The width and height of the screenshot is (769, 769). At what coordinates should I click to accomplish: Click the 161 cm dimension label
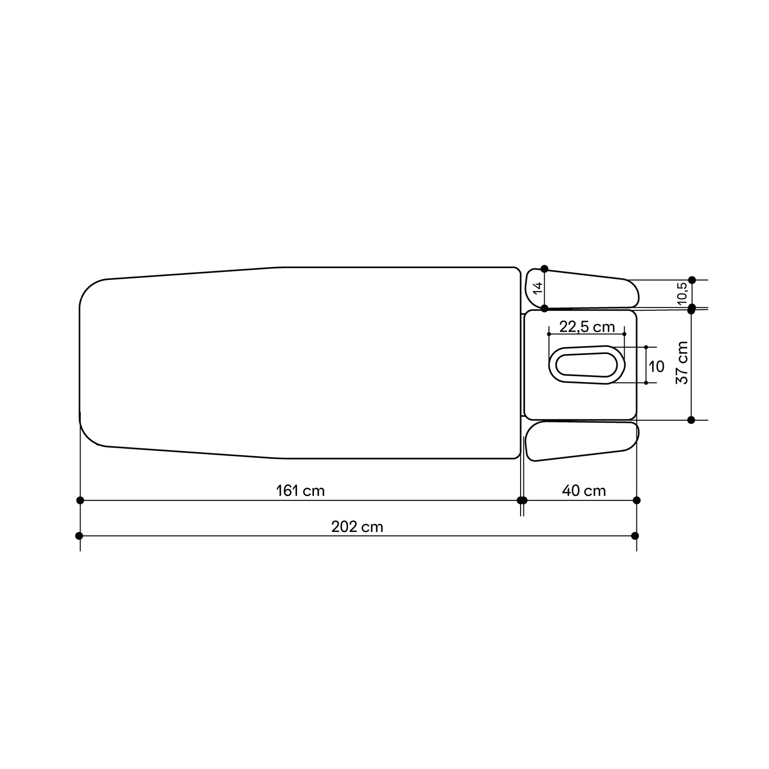(x=300, y=491)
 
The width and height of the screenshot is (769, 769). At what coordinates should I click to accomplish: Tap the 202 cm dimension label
(x=357, y=527)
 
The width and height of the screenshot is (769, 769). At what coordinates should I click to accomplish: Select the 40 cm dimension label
(x=583, y=491)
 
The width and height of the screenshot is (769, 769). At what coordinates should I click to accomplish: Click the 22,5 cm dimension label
(x=587, y=327)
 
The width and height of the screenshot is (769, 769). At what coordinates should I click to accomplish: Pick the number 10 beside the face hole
(x=656, y=366)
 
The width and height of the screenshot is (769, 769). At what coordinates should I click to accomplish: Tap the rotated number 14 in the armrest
(x=538, y=288)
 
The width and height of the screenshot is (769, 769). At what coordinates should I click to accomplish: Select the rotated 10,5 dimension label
(x=682, y=294)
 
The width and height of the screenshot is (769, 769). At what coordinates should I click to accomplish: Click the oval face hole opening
(x=587, y=365)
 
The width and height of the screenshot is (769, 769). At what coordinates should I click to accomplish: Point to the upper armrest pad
(x=582, y=290)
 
